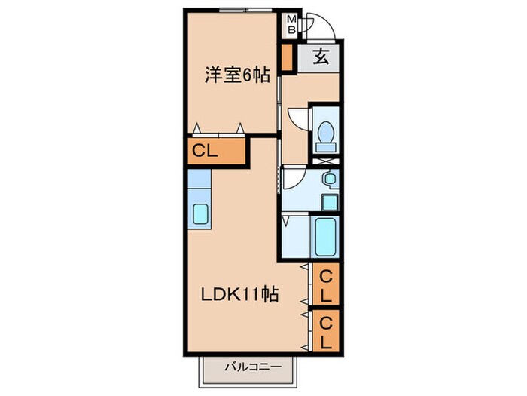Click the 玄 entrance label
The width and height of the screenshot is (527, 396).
pyautogui.click(x=319, y=56)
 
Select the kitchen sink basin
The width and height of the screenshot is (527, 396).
pyautogui.click(x=201, y=214)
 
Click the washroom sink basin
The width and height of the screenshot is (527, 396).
pyautogui.click(x=329, y=179)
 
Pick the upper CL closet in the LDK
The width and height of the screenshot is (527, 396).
pyautogui.click(x=326, y=286)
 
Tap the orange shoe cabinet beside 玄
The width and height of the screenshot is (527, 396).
pyautogui.click(x=286, y=57)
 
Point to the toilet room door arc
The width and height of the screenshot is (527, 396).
pyautogui.click(x=298, y=119)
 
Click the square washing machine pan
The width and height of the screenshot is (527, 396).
pyautogui.click(x=329, y=201)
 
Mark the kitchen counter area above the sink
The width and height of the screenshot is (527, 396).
pyautogui.click(x=200, y=182)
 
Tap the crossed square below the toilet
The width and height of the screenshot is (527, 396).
pyautogui.click(x=326, y=160)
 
